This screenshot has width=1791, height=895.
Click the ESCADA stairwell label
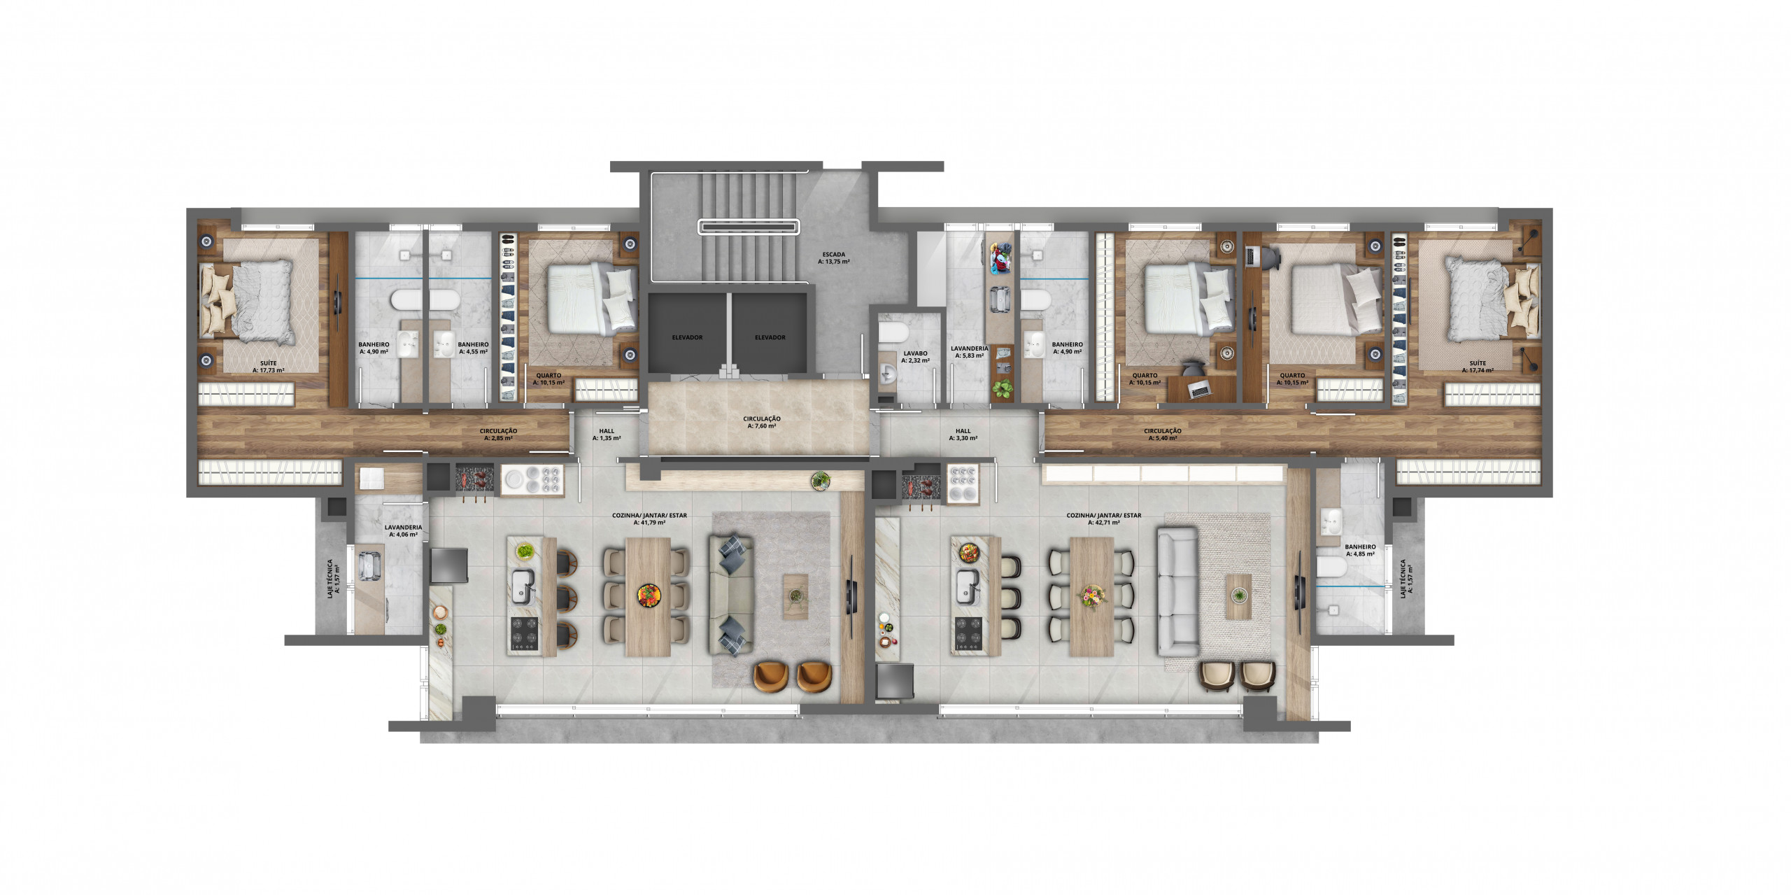833,255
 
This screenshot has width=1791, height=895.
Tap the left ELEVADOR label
687,337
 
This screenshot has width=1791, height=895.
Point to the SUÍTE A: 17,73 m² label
268,367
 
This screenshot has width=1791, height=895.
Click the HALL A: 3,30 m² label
963,435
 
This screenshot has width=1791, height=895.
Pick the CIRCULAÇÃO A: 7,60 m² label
762,422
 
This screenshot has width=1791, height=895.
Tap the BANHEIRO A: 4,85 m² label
1359,550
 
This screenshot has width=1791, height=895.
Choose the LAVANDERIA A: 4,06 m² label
403,530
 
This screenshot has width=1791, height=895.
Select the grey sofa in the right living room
1178,592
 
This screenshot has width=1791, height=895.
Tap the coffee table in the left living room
795,596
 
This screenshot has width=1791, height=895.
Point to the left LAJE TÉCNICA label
334,577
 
